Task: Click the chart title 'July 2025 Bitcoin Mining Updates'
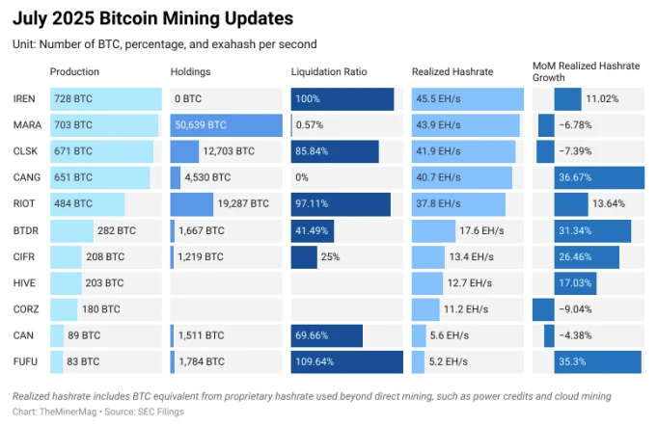click(x=153, y=18)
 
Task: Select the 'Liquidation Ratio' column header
click(x=330, y=72)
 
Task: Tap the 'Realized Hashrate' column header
click(x=452, y=72)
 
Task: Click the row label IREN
click(x=25, y=99)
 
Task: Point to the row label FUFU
click(x=26, y=361)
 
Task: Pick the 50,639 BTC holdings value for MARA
click(x=201, y=125)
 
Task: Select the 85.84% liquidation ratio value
click(x=315, y=151)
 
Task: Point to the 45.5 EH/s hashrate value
click(x=440, y=99)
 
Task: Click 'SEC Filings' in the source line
click(x=162, y=412)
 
